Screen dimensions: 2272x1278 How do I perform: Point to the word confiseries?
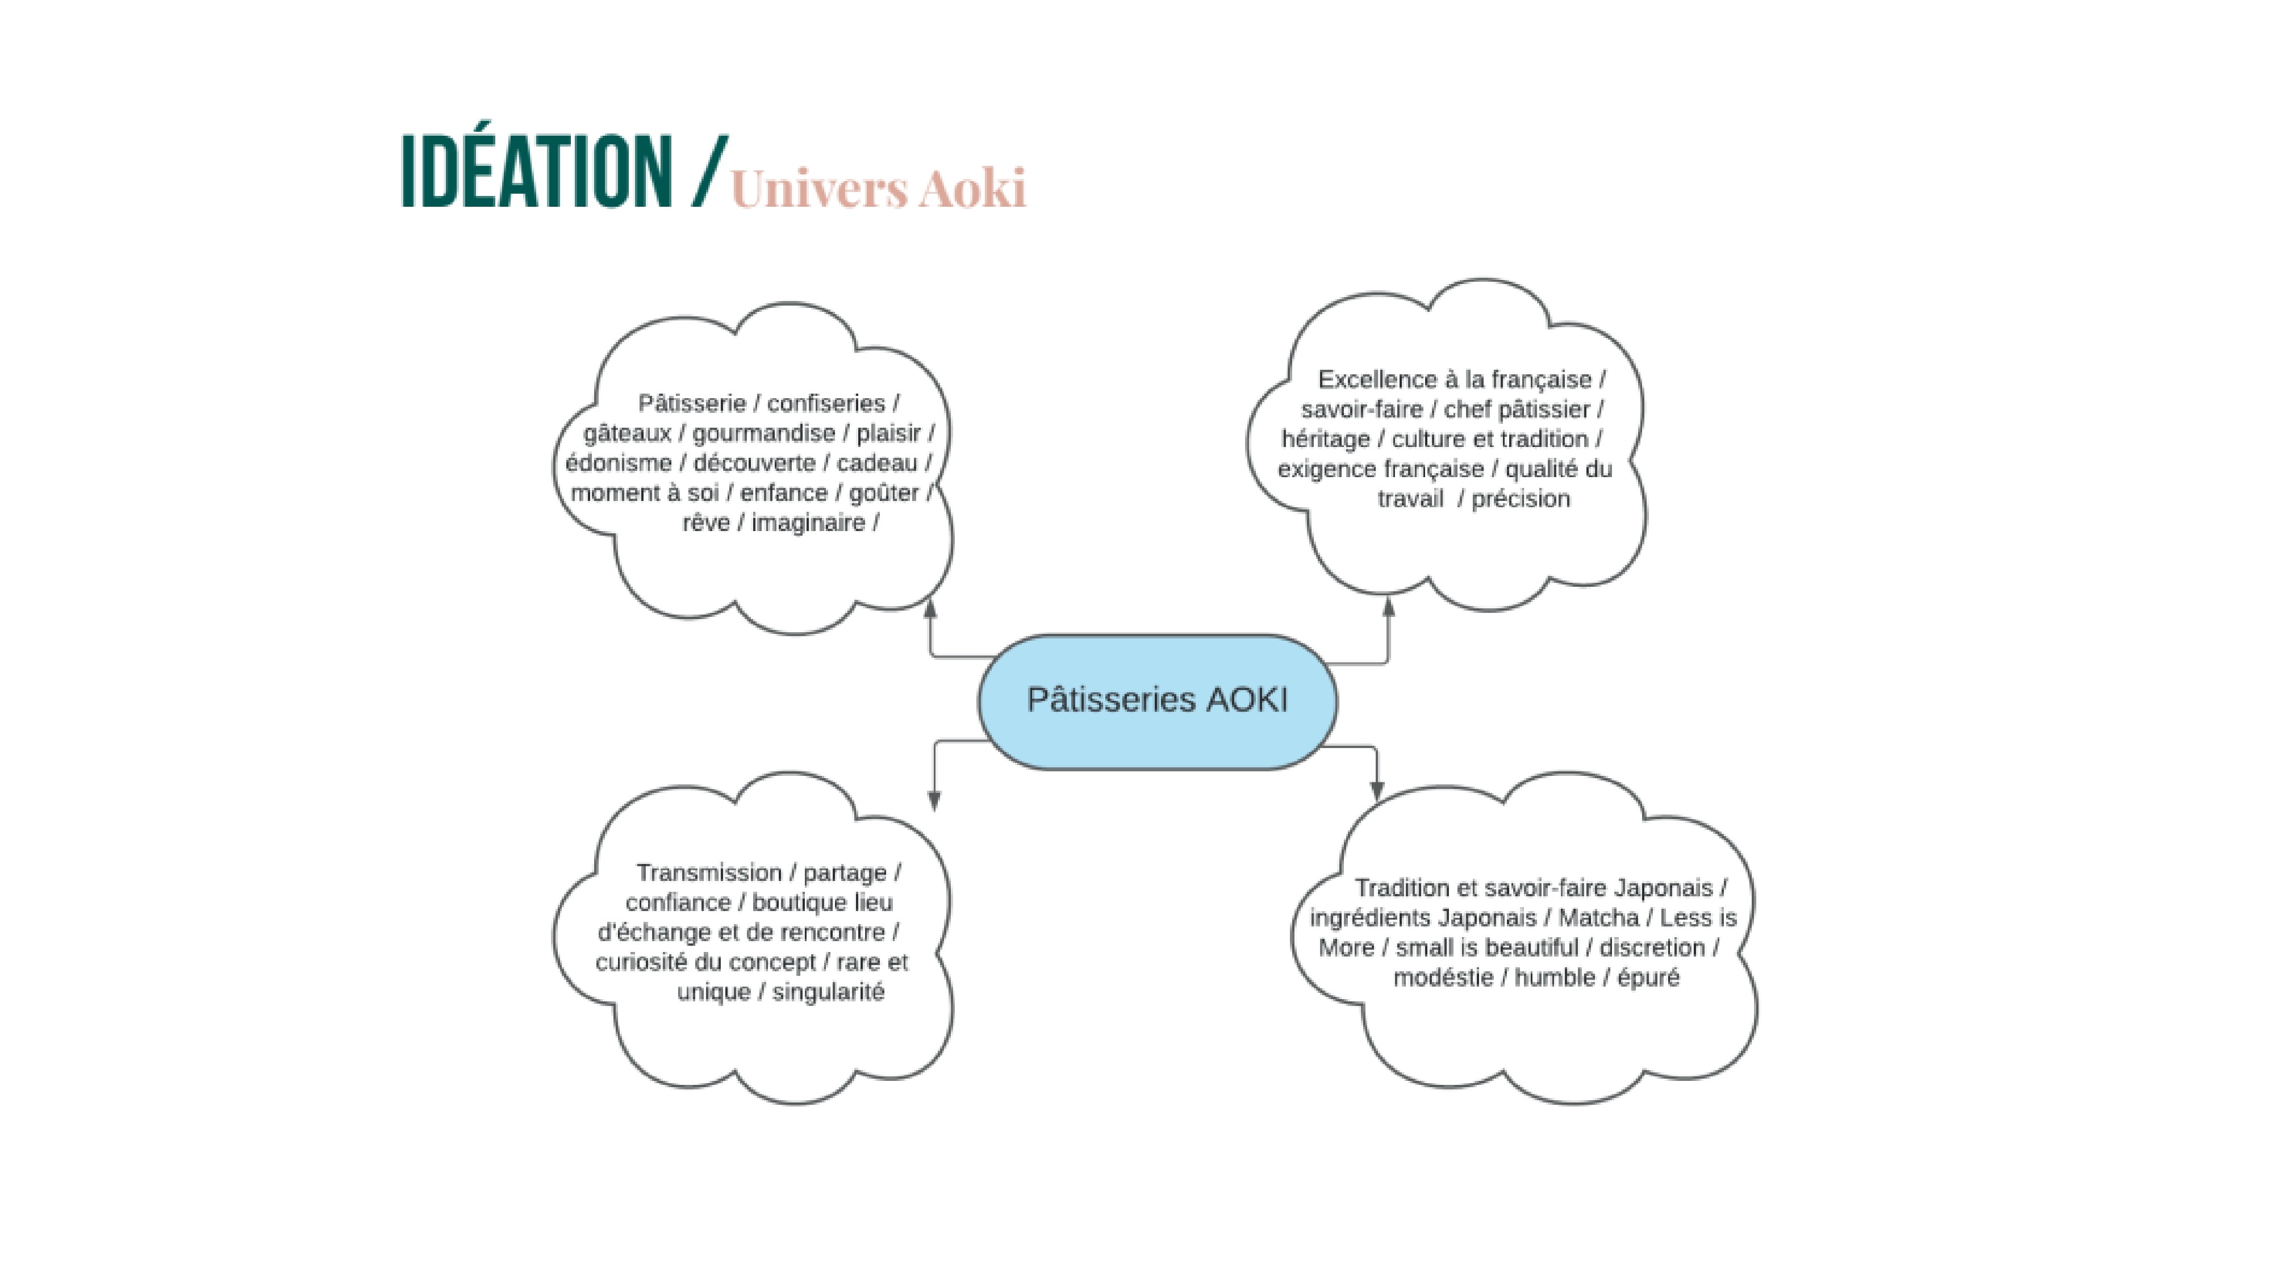825,404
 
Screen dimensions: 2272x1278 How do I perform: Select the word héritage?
1326,439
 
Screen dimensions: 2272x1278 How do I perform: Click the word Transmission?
709,873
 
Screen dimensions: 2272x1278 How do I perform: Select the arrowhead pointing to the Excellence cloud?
1388,607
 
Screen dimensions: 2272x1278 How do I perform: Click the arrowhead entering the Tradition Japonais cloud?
1377,790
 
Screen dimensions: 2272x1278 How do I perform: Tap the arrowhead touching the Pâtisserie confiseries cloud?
930,608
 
